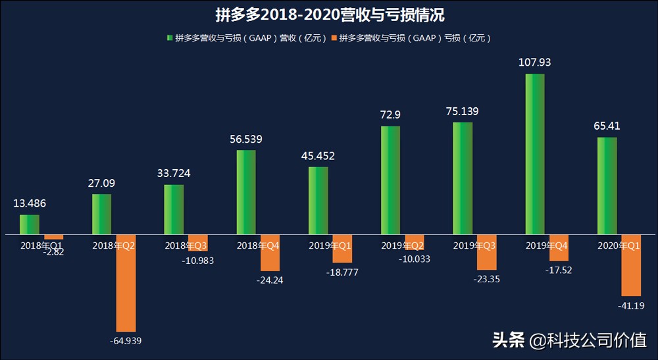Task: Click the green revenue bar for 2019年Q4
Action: point(535,154)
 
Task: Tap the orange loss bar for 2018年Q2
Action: point(126,282)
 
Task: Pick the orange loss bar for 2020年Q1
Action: point(631,265)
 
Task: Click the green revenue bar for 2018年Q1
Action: point(30,224)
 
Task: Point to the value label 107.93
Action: point(535,63)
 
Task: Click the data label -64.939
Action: point(126,340)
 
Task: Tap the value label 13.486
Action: point(30,204)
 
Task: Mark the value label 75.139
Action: point(463,112)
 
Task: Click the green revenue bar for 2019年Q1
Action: point(318,200)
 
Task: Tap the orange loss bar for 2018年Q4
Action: point(270,253)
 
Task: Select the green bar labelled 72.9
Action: point(390,180)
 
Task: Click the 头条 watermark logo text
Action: point(509,340)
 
